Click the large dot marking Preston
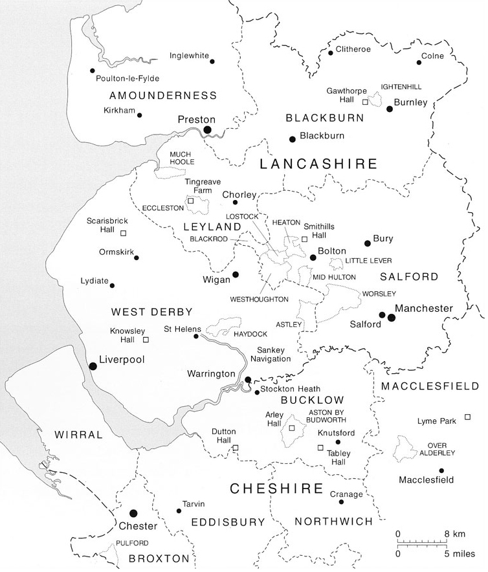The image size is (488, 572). point(208,130)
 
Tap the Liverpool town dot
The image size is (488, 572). point(93,366)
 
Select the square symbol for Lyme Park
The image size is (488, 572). point(468,417)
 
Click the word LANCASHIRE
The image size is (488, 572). point(318,164)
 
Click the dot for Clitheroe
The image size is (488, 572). point(330,52)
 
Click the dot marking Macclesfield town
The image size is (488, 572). point(441,470)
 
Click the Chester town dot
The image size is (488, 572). point(134,512)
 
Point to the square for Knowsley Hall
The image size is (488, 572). point(146,339)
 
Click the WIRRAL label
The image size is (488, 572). point(79,435)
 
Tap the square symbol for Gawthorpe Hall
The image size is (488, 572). point(365,102)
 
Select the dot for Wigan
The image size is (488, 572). point(236,274)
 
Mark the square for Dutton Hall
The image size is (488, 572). point(236,447)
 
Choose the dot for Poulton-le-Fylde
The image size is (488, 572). point(93,71)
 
